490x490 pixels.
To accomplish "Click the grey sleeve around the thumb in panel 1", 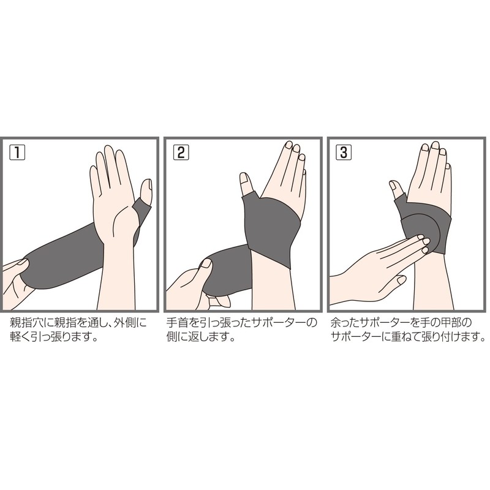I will tap(142, 211).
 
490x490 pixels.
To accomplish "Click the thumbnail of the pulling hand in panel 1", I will tap(23, 263).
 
